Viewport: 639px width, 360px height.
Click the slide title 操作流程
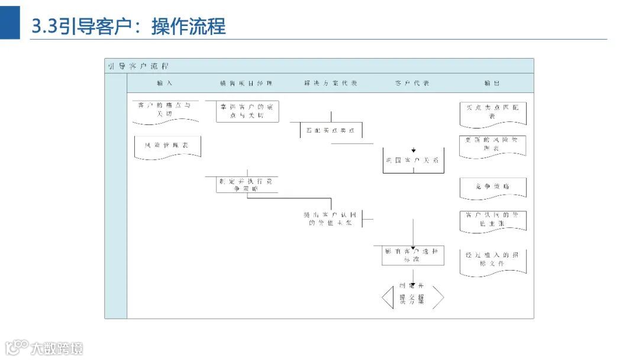point(188,27)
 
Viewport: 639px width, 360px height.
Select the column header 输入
point(164,83)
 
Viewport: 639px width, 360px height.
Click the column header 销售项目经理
point(246,83)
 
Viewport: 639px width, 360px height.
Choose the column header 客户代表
point(412,83)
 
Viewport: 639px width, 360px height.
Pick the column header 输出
point(492,83)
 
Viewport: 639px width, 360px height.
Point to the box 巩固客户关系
point(413,160)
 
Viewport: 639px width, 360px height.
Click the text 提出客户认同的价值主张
point(331,218)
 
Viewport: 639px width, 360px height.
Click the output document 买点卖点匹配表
point(492,112)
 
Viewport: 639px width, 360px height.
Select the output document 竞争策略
point(492,187)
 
